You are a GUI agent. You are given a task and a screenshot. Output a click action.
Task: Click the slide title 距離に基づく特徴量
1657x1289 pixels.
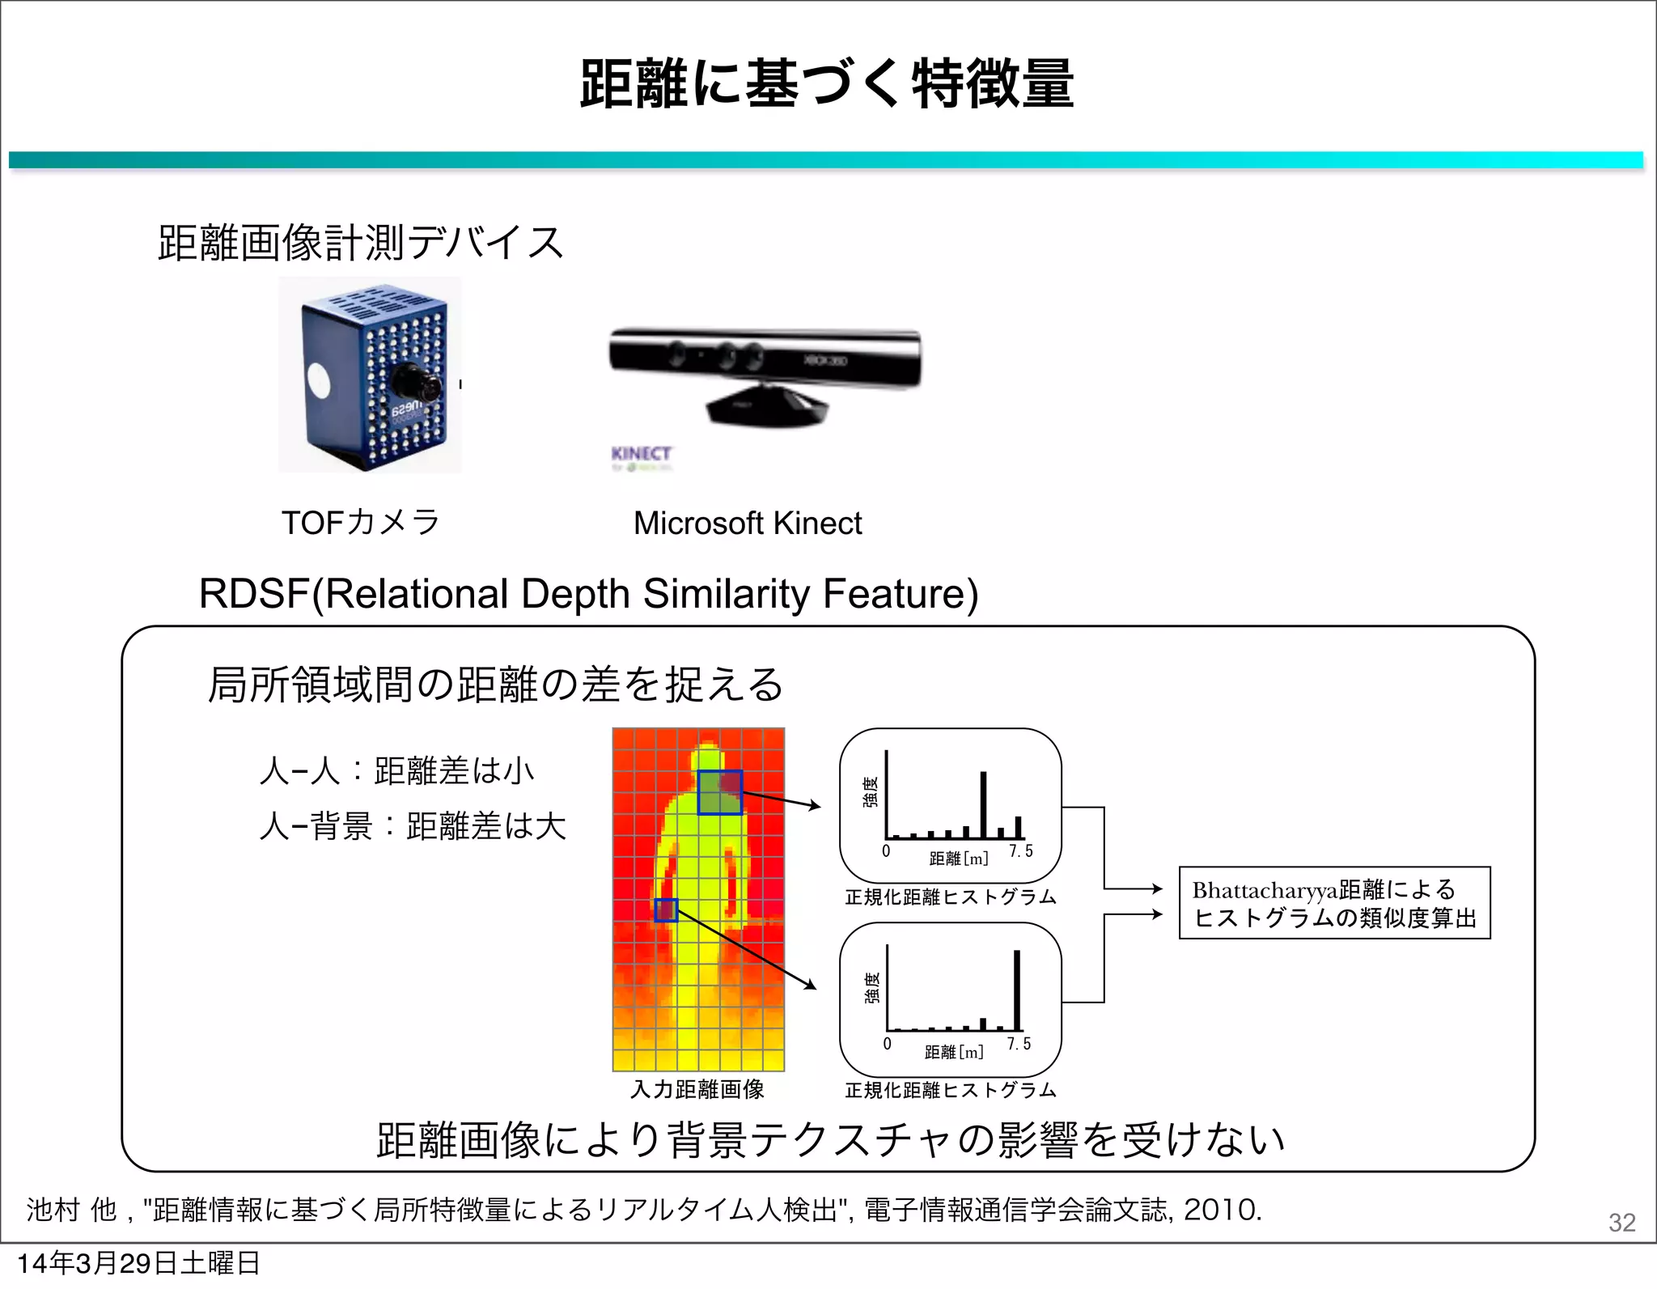[827, 84]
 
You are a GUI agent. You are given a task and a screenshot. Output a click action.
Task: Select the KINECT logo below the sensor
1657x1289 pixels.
[641, 454]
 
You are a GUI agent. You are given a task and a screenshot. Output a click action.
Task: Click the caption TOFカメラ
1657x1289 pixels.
[360, 523]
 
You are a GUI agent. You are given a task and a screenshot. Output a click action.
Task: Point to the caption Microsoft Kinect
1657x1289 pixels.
[748, 524]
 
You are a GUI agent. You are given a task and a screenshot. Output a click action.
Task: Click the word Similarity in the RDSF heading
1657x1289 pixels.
[726, 594]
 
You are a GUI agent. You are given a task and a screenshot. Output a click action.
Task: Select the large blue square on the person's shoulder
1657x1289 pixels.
[720, 792]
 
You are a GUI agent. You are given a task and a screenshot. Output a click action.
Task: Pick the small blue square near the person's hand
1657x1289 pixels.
[666, 910]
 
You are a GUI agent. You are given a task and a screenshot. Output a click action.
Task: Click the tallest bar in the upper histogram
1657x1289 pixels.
[984, 804]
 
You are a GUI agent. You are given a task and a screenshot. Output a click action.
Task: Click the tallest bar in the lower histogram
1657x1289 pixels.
[1017, 990]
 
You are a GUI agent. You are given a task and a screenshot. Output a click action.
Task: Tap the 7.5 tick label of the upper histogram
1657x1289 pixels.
[1021, 851]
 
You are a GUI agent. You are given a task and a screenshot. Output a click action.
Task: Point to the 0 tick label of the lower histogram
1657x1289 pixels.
[888, 1044]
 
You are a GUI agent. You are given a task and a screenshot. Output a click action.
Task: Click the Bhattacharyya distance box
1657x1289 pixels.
[1334, 903]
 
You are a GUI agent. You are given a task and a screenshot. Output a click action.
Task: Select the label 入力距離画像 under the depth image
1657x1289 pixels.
[697, 1090]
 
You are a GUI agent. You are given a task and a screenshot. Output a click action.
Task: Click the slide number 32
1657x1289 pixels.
[1621, 1222]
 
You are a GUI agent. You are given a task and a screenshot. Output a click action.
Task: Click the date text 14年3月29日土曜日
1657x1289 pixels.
[138, 1263]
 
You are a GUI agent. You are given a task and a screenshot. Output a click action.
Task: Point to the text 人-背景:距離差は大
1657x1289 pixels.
[413, 827]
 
